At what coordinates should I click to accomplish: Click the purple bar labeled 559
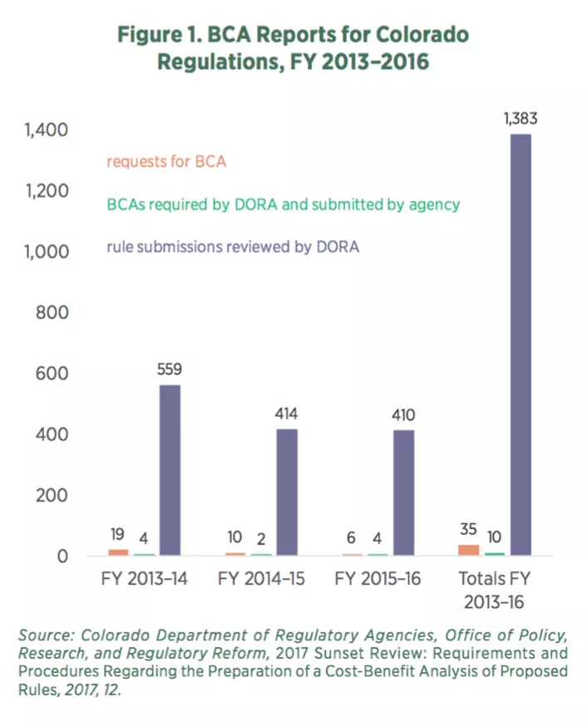[x=170, y=470]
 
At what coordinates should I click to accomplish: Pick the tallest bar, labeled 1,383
[x=520, y=345]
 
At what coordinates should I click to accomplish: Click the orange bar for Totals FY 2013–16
[x=469, y=550]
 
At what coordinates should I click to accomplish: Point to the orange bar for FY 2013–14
[x=119, y=552]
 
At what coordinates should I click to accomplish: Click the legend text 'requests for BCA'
[x=166, y=161]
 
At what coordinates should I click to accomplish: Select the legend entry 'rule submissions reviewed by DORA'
[x=233, y=247]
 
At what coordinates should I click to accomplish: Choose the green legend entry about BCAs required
[x=283, y=204]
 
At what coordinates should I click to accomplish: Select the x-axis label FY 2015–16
[x=378, y=578]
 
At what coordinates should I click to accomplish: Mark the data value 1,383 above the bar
[x=520, y=119]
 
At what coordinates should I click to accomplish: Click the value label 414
[x=287, y=414]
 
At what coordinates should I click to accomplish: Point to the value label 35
[x=468, y=529]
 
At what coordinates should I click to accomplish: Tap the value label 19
[x=118, y=534]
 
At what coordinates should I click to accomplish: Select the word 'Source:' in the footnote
[x=44, y=635]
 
